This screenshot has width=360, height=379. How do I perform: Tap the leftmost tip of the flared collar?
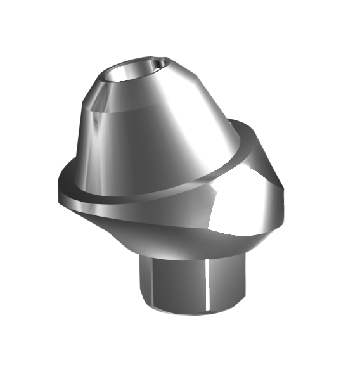58,194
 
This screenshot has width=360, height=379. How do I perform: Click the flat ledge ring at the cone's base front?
127,200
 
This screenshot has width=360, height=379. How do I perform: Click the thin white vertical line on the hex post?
209,285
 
